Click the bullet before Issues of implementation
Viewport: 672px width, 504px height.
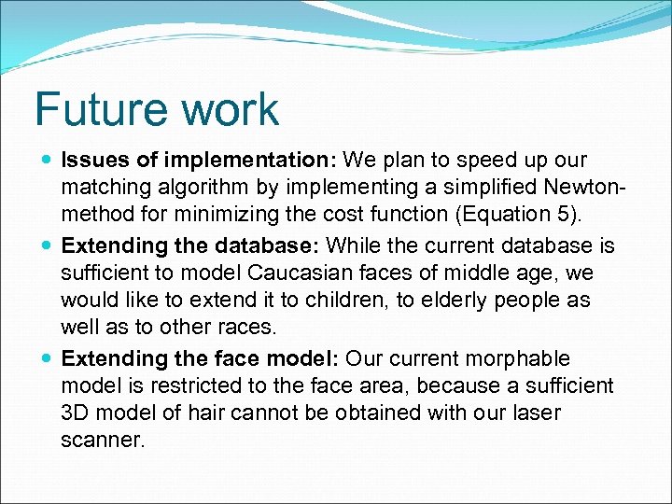click(x=48, y=160)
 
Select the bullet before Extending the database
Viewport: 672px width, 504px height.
click(x=48, y=246)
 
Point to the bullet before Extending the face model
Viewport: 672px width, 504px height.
click(x=48, y=358)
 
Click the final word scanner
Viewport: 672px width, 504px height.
click(x=103, y=440)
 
